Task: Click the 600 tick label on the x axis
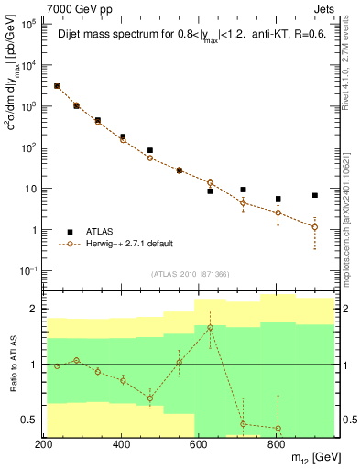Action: [199, 444]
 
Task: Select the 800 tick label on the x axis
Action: [276, 444]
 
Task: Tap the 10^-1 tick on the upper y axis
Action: [28, 270]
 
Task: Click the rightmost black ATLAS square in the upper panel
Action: [315, 195]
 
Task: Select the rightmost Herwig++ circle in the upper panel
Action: [315, 227]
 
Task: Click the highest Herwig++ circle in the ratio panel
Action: [210, 328]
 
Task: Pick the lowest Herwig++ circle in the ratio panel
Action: [278, 429]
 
